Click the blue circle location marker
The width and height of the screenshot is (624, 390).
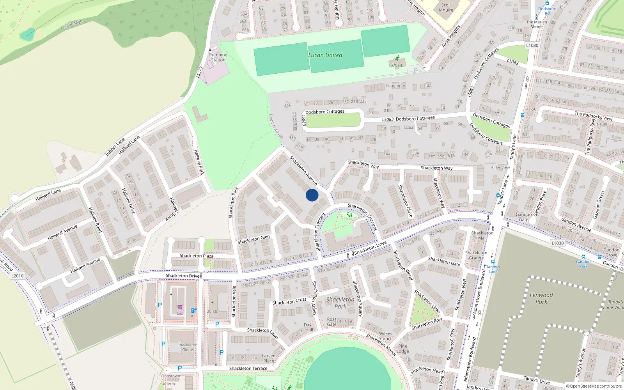click(312, 195)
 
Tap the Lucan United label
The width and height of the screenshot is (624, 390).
click(325, 55)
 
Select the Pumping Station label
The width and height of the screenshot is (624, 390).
click(218, 57)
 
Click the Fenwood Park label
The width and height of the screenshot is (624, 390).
click(541, 298)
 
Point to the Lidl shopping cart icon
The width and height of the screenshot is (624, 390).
click(180, 308)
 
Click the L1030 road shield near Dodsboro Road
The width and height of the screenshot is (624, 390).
click(532, 45)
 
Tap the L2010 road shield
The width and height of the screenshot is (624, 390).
click(17, 276)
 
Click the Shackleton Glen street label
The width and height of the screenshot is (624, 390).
click(254, 239)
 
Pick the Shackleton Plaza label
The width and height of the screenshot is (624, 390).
click(197, 256)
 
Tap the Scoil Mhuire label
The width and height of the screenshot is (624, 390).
click(446, 8)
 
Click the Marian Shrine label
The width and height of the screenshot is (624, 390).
click(537, 24)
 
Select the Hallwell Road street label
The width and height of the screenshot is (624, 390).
click(95, 220)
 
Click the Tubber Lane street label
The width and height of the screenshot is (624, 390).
click(115, 147)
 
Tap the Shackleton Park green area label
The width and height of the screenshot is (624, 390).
click(340, 303)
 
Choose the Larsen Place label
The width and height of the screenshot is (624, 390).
click(269, 358)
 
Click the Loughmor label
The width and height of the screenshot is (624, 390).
click(395, 86)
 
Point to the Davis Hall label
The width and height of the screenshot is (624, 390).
click(309, 327)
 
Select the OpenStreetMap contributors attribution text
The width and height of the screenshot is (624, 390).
click(594, 386)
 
